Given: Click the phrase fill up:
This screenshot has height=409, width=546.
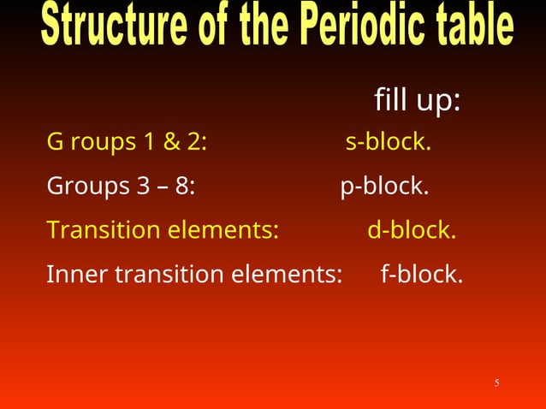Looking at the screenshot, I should [418, 101].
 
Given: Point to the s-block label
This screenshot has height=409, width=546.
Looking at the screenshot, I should [388, 142].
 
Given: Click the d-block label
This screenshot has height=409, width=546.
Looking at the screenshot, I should [412, 230].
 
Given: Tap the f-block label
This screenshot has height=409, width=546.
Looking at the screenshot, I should [422, 275].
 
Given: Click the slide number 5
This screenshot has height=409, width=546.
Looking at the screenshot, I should [496, 382].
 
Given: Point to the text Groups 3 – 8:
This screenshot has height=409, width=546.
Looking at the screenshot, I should [121, 186].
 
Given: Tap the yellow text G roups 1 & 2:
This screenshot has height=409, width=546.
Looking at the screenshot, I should [126, 142].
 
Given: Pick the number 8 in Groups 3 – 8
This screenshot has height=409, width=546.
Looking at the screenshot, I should [184, 186].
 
